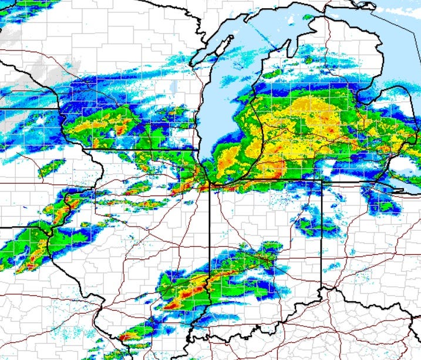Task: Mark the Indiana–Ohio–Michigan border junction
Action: point(322,180)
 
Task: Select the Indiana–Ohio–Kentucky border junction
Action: point(322,289)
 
